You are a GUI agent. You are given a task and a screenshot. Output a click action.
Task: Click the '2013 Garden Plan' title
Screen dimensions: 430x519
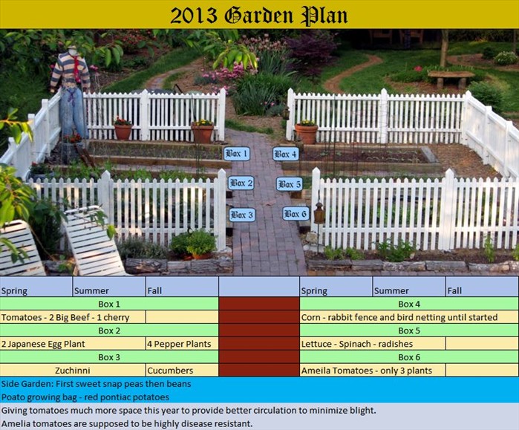click(258, 15)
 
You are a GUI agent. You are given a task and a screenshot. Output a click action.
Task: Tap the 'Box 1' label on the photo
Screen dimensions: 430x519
click(236, 154)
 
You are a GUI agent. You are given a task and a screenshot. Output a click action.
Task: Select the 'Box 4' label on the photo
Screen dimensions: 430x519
click(285, 154)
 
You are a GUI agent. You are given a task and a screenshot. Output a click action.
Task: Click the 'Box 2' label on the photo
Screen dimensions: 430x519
click(241, 183)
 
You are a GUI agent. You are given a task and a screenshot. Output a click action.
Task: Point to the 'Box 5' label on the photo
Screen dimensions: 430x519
click(289, 183)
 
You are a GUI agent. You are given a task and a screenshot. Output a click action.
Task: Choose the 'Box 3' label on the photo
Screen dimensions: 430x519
click(241, 215)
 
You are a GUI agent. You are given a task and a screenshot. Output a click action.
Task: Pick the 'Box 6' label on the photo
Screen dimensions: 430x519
click(295, 214)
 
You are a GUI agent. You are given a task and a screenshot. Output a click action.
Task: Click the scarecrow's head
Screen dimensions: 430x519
click(73, 51)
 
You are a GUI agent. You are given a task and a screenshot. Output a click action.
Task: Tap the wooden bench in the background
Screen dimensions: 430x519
click(451, 76)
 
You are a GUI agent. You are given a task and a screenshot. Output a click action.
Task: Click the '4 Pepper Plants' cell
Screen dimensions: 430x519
click(181, 344)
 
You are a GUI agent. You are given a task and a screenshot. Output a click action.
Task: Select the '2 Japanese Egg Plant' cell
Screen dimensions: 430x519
click(73, 344)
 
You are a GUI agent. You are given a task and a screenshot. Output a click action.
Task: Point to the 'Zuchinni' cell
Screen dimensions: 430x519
click(73, 370)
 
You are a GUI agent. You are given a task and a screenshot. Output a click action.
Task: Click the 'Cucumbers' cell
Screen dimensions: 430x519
click(181, 370)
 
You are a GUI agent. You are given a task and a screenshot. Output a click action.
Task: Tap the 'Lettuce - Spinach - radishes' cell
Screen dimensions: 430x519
click(372, 344)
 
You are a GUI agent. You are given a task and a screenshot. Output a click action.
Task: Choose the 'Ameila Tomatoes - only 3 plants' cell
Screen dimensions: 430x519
click(372, 370)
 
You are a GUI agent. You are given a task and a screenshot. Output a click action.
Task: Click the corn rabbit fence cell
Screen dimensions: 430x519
click(408, 317)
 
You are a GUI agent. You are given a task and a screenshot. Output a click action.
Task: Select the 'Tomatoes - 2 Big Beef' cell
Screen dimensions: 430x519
click(73, 317)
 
